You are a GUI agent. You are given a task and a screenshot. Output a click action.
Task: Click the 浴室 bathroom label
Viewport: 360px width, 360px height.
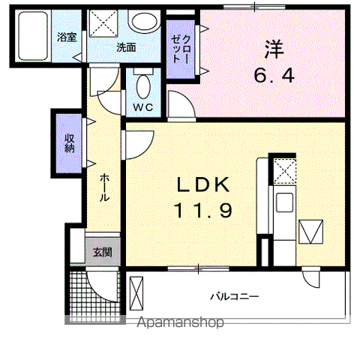pyautogui.click(x=67, y=36)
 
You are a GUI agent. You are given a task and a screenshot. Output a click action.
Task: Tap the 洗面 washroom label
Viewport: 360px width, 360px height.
pyautogui.click(x=125, y=46)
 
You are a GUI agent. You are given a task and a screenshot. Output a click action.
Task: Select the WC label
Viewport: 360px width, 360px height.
pyautogui.click(x=143, y=106)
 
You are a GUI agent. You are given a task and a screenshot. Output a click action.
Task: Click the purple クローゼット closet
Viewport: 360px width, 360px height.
pyautogui.click(x=178, y=49)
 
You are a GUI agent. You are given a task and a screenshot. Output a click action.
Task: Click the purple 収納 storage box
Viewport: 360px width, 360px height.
pyautogui.click(x=68, y=142)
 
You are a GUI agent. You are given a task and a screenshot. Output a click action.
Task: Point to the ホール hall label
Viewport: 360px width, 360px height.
pyautogui.click(x=105, y=187)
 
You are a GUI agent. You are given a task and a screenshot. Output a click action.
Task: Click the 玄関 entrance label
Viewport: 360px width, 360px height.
pyautogui.click(x=102, y=253)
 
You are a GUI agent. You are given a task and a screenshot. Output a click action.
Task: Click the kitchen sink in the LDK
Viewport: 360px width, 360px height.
pyautogui.click(x=284, y=202)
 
